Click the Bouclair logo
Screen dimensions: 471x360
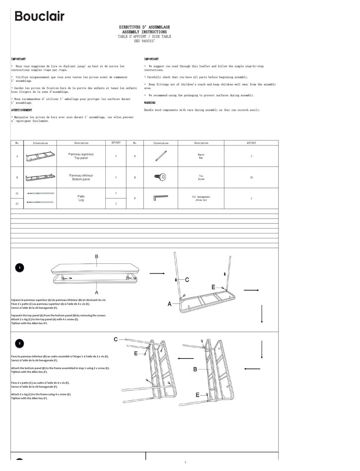39,16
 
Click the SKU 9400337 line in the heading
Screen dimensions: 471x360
144,41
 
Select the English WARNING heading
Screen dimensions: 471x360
150,103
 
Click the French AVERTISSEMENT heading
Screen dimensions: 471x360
22,110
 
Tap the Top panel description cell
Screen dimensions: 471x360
81,156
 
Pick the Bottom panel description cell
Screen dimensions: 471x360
81,177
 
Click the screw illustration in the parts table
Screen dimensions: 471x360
160,177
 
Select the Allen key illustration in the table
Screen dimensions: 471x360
160,198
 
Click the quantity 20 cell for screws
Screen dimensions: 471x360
251,177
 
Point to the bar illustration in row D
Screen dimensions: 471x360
161,156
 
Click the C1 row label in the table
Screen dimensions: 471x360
17,193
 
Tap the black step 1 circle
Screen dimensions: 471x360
20,268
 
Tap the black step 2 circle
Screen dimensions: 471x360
20,343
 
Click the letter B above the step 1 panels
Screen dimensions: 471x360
97,257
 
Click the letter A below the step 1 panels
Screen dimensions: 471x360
97,292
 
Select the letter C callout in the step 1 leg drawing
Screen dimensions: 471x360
187,280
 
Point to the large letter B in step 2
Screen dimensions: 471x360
195,369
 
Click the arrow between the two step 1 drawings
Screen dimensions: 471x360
157,273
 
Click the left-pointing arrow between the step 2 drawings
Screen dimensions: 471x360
186,358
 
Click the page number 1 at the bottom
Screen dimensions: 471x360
185,462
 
